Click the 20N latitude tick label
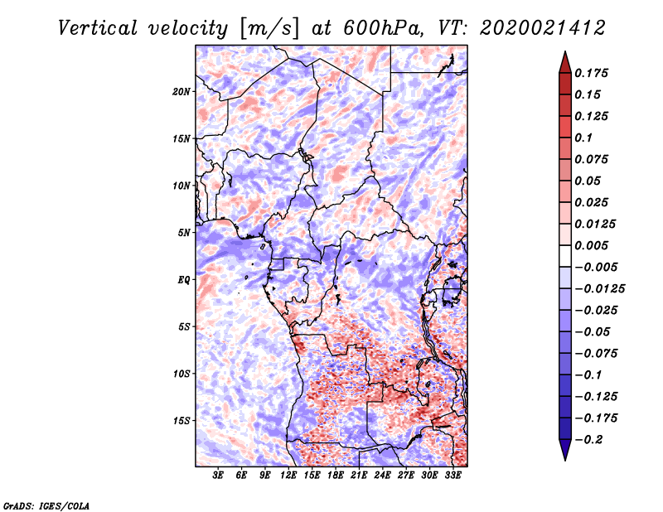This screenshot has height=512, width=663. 182,91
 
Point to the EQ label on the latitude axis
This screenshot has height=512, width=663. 184,279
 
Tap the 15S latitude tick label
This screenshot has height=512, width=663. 182,420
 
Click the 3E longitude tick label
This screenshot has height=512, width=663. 219,476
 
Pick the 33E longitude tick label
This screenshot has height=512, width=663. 453,476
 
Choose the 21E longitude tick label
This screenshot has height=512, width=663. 360,476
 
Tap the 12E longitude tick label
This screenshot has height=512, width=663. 289,476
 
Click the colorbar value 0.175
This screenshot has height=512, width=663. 593,73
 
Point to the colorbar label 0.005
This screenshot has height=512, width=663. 593,245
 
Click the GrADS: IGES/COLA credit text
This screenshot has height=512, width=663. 46,505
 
